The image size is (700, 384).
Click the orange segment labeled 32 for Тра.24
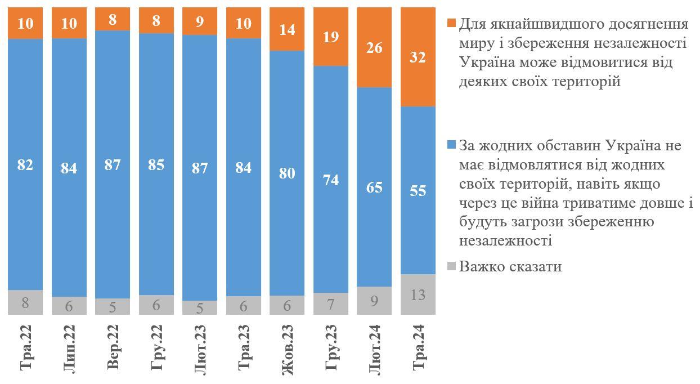(x=418, y=57)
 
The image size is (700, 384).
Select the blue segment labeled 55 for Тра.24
(x=418, y=190)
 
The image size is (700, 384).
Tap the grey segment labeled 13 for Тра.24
(x=418, y=294)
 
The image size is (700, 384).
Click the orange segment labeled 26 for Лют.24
(x=374, y=48)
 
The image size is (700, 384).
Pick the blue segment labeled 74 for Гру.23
(x=331, y=179)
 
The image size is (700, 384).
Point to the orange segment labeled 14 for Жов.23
(x=287, y=29)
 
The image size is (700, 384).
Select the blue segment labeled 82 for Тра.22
(x=25, y=164)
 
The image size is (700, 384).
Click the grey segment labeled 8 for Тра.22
(x=25, y=302)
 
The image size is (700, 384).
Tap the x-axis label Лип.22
(x=69, y=347)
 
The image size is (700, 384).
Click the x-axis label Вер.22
(x=113, y=347)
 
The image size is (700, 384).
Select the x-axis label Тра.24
(x=418, y=347)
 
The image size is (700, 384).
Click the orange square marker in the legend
(x=451, y=24)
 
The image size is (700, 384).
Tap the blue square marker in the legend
(x=451, y=145)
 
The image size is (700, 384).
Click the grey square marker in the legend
(x=451, y=266)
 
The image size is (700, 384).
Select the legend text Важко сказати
(x=510, y=266)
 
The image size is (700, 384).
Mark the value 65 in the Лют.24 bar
(x=374, y=187)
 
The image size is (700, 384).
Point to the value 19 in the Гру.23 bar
(x=331, y=37)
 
